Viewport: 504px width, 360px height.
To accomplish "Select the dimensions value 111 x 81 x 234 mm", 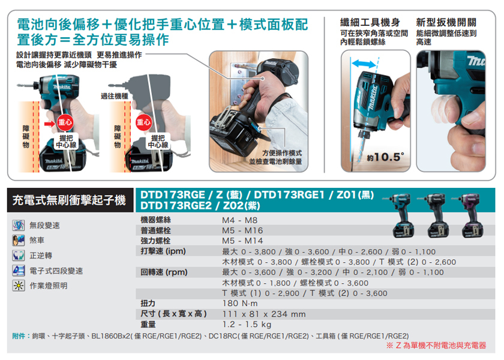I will (264, 314).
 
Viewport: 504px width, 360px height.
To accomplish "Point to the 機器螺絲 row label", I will (155, 220).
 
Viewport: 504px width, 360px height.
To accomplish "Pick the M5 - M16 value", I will (242, 230).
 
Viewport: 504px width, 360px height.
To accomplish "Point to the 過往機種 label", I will (113, 97).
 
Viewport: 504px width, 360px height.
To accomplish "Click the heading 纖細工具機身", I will (370, 22).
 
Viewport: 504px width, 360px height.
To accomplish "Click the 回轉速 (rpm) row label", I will (164, 272).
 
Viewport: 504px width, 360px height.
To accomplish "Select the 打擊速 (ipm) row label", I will (163, 251).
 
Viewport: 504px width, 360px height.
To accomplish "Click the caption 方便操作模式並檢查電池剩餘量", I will (275, 157).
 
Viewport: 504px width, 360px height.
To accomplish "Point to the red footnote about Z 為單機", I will (436, 346).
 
